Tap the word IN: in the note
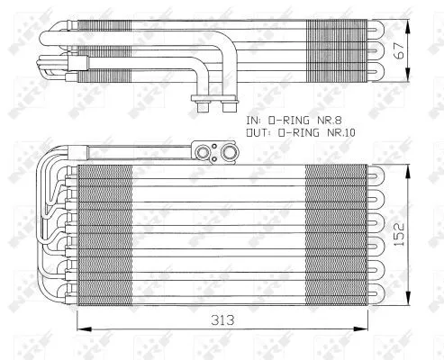[x=255, y=119]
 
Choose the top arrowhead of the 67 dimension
[x=412, y=18]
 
